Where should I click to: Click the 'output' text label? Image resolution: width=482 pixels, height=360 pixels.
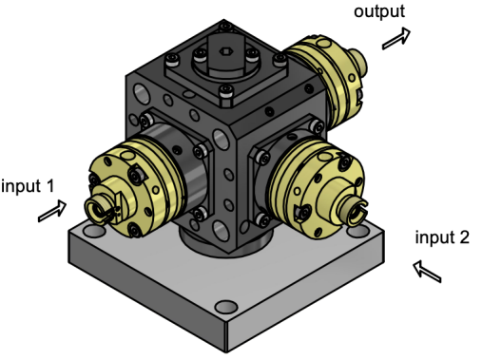click(379, 12)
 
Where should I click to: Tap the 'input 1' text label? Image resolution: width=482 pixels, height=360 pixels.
click(28, 186)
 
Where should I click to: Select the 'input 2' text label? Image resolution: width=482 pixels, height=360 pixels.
click(442, 237)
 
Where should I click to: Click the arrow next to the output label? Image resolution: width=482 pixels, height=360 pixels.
click(396, 38)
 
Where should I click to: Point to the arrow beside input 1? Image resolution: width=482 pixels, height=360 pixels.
click(52, 211)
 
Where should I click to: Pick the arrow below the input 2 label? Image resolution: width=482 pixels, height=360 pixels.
click(427, 272)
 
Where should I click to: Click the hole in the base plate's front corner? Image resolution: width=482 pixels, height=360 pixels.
click(226, 307)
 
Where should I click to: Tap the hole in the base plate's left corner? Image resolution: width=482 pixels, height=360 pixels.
click(94, 231)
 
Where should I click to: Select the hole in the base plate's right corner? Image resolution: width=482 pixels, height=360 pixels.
click(359, 230)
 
